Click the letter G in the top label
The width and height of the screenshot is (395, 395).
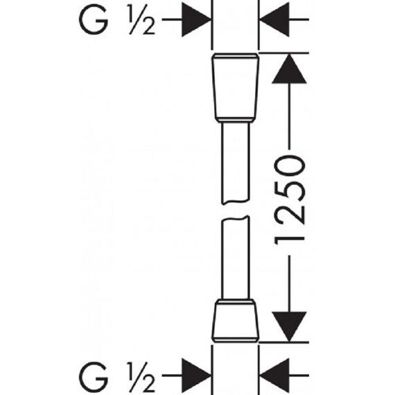(94, 19)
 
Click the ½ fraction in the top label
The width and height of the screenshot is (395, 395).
(141, 19)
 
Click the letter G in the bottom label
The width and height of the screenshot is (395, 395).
(94, 377)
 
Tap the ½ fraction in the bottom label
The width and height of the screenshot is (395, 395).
(141, 377)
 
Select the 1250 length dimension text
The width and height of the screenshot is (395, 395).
(290, 200)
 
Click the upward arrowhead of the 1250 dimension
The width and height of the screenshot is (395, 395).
(289, 69)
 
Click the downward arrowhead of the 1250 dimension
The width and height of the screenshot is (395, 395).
(289, 326)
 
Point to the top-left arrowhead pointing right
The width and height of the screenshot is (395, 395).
(197, 19)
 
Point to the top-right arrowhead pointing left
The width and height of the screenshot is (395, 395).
(274, 19)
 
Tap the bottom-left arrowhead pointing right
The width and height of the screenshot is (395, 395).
(197, 376)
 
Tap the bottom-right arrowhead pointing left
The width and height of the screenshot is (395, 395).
(274, 376)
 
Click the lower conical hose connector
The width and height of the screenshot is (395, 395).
(236, 321)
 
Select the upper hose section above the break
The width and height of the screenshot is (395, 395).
(236, 162)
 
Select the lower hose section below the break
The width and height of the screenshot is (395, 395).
(236, 258)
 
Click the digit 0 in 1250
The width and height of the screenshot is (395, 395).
(290, 166)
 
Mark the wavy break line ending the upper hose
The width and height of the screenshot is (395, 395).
(236, 202)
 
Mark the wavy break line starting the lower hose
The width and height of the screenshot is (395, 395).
(236, 219)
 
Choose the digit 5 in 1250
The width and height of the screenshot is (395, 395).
(290, 191)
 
